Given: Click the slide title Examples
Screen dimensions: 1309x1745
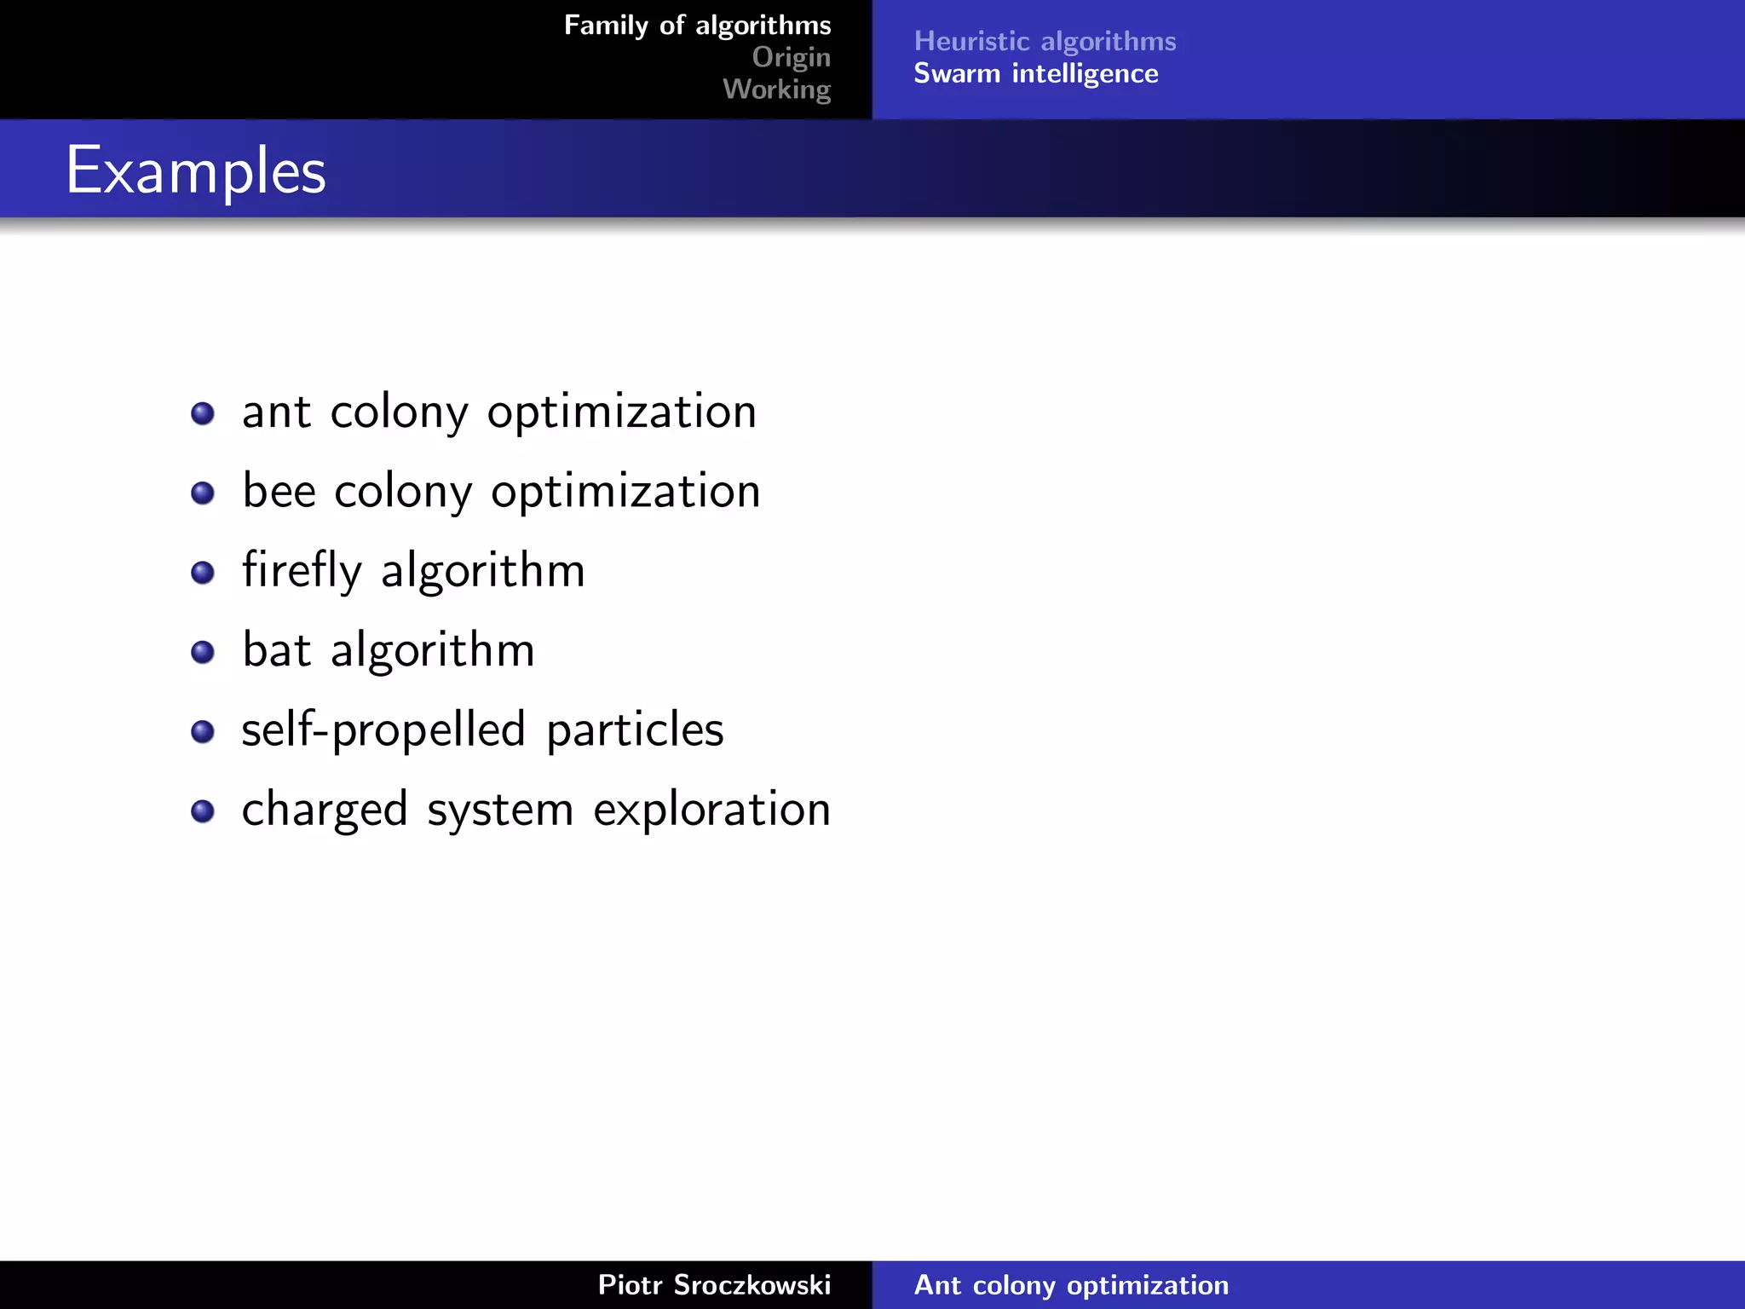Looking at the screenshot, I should (x=196, y=170).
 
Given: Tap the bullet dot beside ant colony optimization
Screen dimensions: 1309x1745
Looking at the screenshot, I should (x=203, y=414).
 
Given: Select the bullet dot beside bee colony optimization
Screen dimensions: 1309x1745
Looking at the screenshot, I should (x=203, y=493).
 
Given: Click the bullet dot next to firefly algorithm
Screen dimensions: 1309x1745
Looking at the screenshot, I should (x=203, y=573).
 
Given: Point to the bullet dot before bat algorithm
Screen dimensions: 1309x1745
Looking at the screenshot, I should (x=203, y=653).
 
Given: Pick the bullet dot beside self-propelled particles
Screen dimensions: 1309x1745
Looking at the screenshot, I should (x=203, y=732).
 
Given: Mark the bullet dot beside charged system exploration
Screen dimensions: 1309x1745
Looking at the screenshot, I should (x=203, y=811).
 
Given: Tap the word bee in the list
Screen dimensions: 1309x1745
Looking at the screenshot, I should (x=279, y=491).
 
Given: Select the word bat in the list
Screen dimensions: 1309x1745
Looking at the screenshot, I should (x=277, y=650).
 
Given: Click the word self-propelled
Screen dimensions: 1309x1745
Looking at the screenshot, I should (x=383, y=729).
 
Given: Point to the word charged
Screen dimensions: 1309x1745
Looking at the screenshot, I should (x=325, y=810).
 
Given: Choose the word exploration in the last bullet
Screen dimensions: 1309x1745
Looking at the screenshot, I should (x=711, y=810).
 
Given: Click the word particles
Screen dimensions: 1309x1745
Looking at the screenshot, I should (x=635, y=729).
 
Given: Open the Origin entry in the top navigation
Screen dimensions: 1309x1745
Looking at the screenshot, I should (x=791, y=57).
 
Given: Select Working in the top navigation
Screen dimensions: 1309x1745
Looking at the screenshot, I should (x=776, y=89).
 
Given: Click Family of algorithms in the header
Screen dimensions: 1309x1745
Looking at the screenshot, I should (x=697, y=26).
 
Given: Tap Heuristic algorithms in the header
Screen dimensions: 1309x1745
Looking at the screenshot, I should (x=1045, y=41).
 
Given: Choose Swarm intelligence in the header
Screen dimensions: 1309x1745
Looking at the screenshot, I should (x=1035, y=74).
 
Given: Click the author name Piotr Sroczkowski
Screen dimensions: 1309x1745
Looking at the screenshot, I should (x=714, y=1285).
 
